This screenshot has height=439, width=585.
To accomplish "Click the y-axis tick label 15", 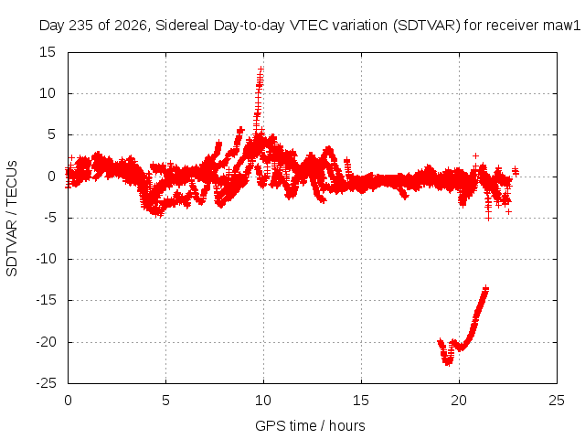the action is [48, 52].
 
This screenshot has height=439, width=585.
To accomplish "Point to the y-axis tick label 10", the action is [48, 93].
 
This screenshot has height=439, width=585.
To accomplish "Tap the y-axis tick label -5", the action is [47, 218].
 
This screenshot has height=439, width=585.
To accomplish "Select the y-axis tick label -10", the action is [46, 259].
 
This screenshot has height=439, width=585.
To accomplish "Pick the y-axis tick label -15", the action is [46, 300].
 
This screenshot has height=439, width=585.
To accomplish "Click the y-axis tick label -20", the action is [46, 342].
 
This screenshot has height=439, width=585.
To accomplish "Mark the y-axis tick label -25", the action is [46, 383].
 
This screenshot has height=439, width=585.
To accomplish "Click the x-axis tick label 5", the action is [165, 401].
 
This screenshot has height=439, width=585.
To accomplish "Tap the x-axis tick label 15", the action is [361, 401].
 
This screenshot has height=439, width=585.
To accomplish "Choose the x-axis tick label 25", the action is [557, 401].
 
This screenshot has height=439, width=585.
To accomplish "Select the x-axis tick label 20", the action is [459, 401].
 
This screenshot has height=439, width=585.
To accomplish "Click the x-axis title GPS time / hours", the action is [310, 426].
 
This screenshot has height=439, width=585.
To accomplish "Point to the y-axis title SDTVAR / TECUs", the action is [12, 219].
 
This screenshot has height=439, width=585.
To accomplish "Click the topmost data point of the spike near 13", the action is [261, 70].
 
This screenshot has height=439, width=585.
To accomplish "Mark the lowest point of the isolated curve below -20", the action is [447, 364].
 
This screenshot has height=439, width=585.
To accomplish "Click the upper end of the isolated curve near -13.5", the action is [485, 288].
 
